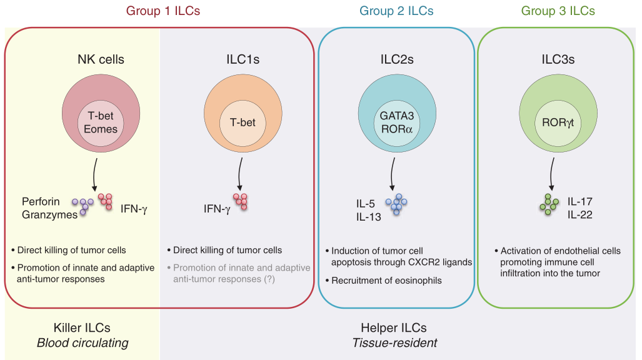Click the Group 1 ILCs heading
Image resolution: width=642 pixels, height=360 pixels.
point(163,11)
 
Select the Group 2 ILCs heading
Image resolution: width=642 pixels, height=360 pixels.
point(396,11)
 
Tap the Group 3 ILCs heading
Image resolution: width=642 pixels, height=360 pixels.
point(558,11)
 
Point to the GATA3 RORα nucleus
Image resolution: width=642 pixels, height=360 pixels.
point(398,122)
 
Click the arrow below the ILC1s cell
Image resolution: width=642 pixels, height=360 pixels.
point(239,175)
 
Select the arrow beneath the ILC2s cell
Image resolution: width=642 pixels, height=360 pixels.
point(393,175)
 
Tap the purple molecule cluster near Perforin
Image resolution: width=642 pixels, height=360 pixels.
point(83,206)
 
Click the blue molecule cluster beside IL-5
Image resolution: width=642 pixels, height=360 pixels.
point(396,205)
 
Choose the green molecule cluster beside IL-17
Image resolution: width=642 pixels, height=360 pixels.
point(550,205)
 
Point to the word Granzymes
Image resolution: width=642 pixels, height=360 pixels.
point(50,214)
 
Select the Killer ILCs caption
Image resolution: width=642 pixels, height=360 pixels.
point(83,328)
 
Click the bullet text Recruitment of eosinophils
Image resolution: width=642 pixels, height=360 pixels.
point(388,280)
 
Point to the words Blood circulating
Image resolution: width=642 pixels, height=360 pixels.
point(83,342)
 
